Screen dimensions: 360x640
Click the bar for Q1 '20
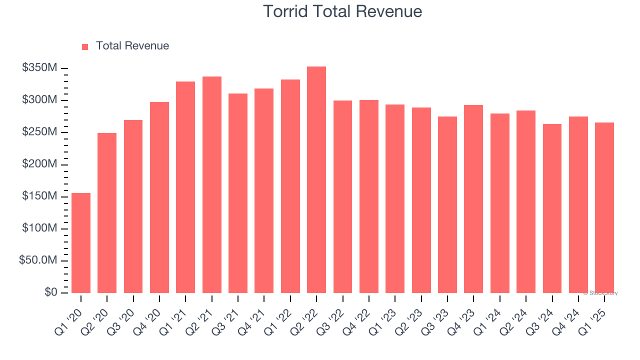pyautogui.click(x=81, y=243)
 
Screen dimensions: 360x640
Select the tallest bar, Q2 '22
pyautogui.click(x=316, y=180)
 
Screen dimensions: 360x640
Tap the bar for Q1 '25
pyautogui.click(x=604, y=207)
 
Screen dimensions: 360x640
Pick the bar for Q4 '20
pyautogui.click(x=159, y=197)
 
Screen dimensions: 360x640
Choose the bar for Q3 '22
pyautogui.click(x=342, y=196)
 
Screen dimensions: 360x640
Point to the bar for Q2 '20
pyautogui.click(x=107, y=213)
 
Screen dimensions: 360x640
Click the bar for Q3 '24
pyautogui.click(x=552, y=208)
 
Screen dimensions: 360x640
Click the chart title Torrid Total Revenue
pyautogui.click(x=342, y=11)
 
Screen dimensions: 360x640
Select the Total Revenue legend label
pyautogui.click(x=132, y=46)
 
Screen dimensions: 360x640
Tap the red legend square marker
pyautogui.click(x=85, y=46)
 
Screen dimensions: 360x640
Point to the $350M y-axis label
pyautogui.click(x=39, y=68)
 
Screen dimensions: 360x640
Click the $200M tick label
pyautogui.click(x=39, y=164)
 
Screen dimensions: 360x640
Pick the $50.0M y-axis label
pyautogui.click(x=38, y=260)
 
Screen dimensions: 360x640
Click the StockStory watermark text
pyautogui.click(x=600, y=293)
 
